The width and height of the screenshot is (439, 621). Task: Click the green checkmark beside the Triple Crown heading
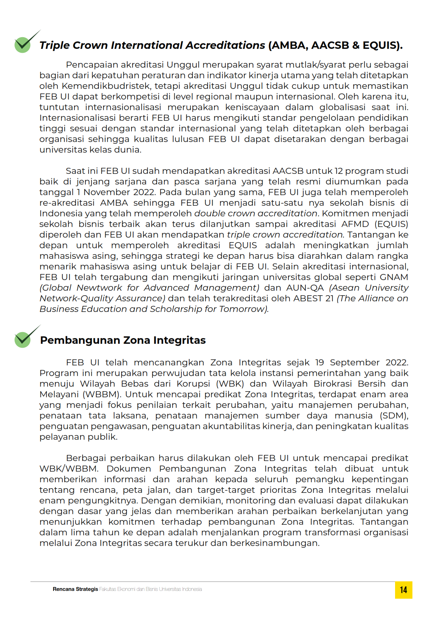click(23, 44)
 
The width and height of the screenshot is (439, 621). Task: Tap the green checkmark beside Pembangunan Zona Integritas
click(23, 339)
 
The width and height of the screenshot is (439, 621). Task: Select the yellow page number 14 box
click(403, 590)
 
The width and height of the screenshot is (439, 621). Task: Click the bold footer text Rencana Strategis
click(75, 589)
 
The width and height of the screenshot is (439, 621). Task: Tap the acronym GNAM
click(394, 277)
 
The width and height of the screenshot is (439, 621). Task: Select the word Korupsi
click(193, 384)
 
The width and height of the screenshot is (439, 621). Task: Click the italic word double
click(209, 213)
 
